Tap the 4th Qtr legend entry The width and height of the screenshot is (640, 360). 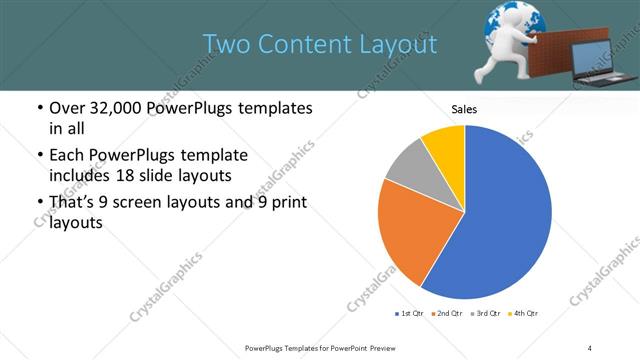(523, 314)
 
